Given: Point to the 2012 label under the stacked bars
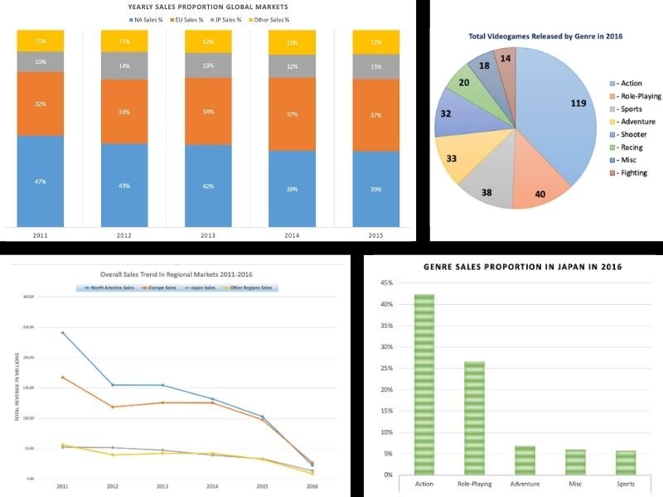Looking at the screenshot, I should [124, 234].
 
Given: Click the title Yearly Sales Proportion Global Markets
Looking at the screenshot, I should [208, 7].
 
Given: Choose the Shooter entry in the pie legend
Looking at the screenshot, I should [634, 134].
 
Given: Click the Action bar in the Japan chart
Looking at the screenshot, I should [424, 384].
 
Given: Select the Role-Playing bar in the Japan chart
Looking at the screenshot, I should [475, 417].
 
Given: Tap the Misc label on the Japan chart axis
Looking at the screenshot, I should [575, 484].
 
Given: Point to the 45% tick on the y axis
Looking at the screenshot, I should [385, 283].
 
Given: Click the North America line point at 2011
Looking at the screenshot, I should [62, 333].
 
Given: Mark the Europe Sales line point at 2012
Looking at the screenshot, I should [112, 407].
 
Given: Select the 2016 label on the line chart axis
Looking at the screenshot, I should [311, 486].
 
